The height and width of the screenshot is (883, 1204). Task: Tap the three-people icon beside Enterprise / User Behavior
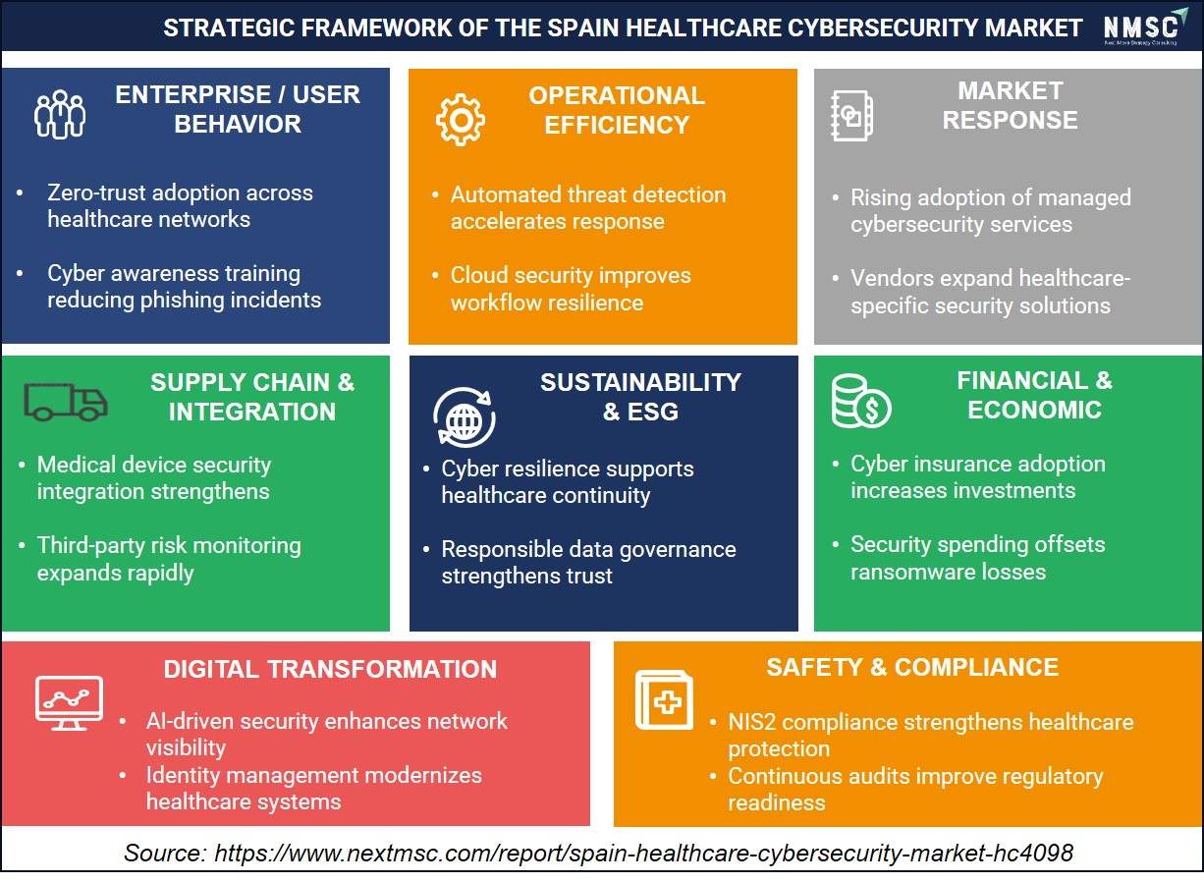tap(60, 114)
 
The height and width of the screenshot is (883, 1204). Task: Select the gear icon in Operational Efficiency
tap(461, 120)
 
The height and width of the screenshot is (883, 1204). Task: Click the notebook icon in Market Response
tap(851, 116)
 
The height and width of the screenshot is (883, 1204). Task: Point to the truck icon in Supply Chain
tap(66, 402)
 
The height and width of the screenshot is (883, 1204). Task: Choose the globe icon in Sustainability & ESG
tap(465, 417)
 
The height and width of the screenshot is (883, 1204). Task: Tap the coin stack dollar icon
tap(861, 402)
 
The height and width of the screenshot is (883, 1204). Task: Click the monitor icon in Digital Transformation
tap(70, 703)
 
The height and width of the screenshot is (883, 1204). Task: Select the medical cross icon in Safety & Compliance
tap(664, 699)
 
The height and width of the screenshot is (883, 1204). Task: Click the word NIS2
tap(752, 722)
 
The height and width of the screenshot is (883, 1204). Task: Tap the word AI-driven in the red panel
tap(190, 721)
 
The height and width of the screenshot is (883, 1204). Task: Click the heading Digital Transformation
tap(330, 669)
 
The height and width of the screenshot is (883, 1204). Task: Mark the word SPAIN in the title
tap(584, 28)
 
